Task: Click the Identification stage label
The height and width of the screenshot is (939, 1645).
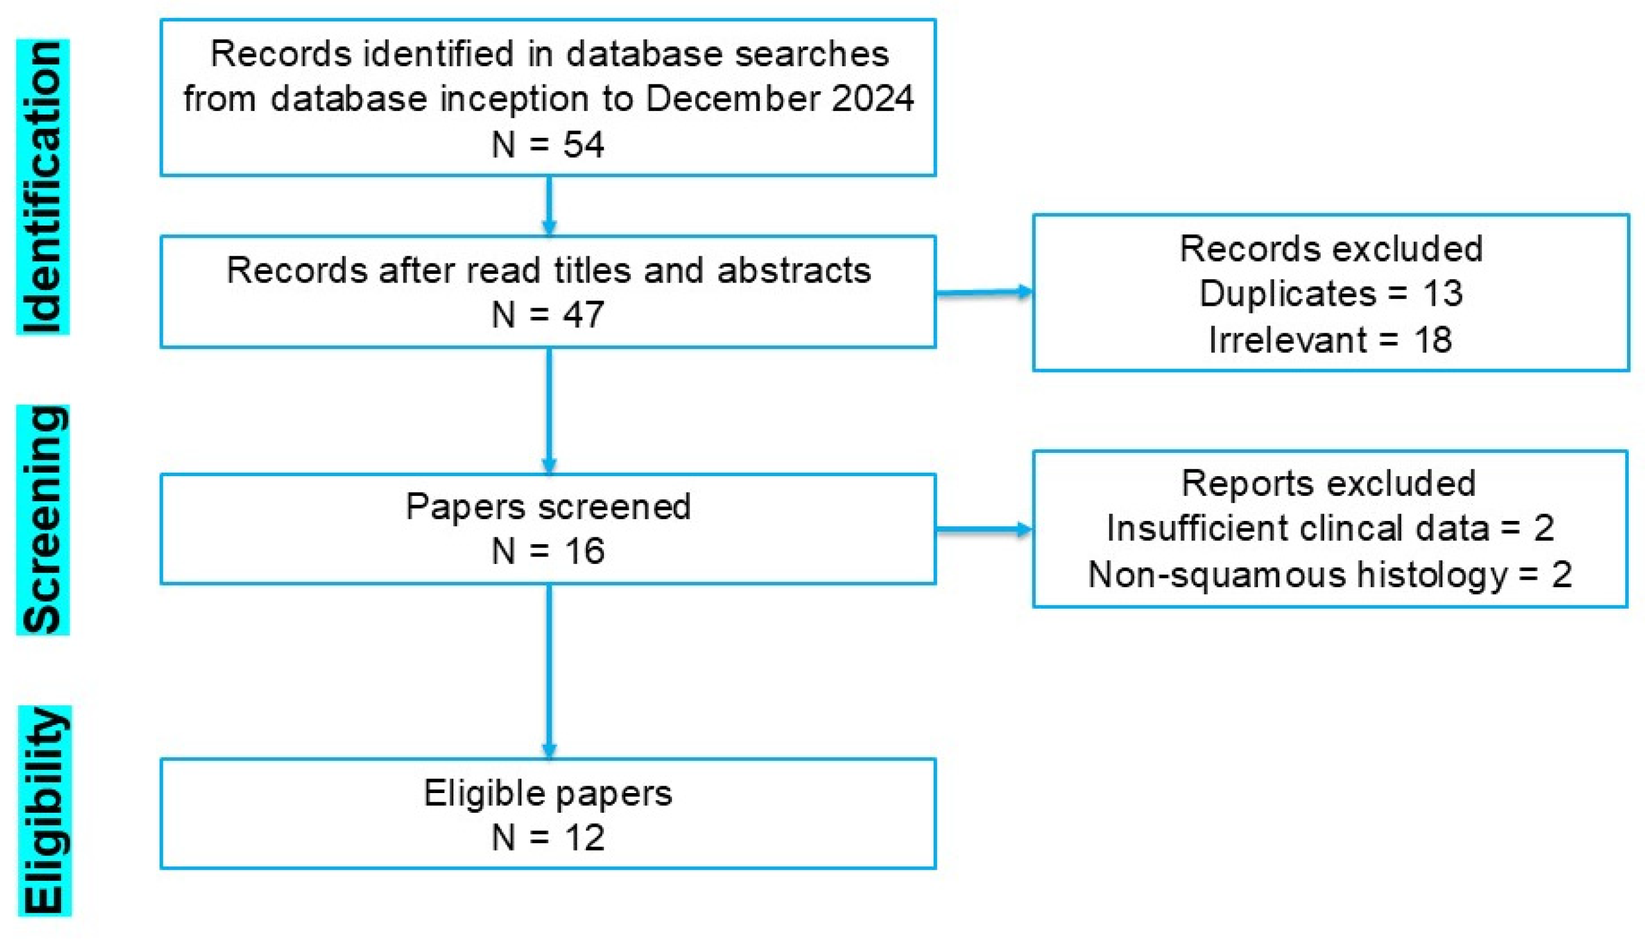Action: point(42,187)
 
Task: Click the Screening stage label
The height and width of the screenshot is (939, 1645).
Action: point(42,520)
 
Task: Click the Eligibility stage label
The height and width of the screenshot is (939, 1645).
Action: point(44,811)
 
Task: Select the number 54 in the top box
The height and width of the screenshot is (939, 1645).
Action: point(584,144)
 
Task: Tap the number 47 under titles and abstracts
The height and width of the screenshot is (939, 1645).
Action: point(584,315)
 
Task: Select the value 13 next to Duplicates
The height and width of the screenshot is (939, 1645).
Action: point(1443,294)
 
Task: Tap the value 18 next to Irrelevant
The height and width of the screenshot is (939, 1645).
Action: point(1432,340)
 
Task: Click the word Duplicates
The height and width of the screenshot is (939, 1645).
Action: point(1288,294)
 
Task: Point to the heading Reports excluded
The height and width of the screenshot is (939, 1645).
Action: point(1329,483)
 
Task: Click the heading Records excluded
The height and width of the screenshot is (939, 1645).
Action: point(1331,248)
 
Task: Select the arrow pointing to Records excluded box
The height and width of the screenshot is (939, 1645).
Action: point(984,293)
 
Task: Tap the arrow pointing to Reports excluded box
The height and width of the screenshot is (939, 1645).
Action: point(984,530)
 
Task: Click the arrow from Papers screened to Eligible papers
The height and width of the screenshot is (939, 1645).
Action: point(549,671)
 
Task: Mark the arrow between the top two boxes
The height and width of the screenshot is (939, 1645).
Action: point(549,206)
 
